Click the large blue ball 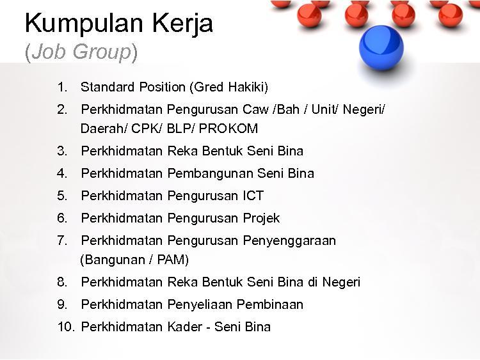(381, 47)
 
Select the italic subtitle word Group (102, 51)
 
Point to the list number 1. (62, 87)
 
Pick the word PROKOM (228, 129)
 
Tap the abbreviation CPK (145, 129)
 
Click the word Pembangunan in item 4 (211, 173)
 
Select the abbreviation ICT (253, 196)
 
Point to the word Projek (261, 219)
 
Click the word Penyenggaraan (289, 241)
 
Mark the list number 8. (62, 282)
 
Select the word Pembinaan (270, 304)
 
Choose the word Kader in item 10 (184, 327)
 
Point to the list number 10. (65, 327)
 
